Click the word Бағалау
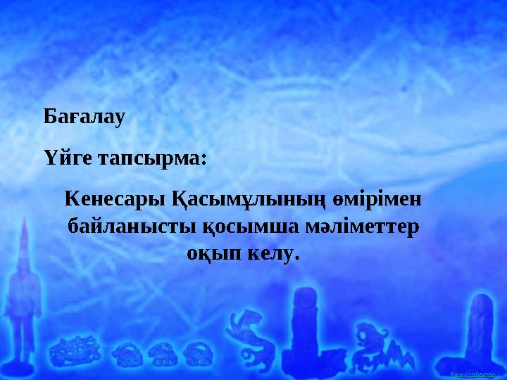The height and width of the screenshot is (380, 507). (84, 116)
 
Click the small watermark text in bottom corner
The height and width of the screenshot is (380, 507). (474, 373)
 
